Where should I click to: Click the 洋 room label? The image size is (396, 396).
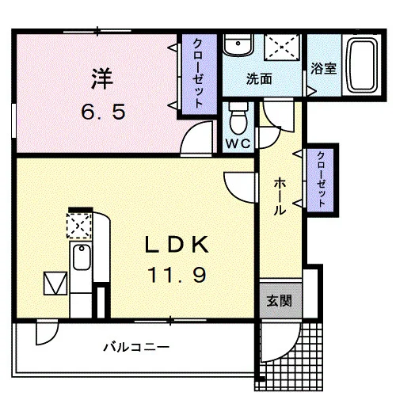coord(102,78)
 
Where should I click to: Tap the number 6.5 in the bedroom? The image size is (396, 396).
coord(103,112)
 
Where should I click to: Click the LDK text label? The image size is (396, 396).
coord(177,245)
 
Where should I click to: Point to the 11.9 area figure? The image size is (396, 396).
coord(177,275)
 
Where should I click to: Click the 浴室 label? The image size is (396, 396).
coord(323,69)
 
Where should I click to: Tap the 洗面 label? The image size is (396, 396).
coord(259,78)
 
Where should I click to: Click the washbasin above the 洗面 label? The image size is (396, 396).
coord(238,45)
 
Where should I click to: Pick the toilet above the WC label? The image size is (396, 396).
coord(238,118)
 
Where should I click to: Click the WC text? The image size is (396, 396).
coord(238,144)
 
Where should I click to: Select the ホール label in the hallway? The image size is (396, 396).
coord(280,196)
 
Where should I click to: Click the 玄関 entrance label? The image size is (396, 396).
coord(280,301)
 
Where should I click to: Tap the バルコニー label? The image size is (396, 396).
coord(136,347)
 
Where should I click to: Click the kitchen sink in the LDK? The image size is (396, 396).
coord(82,257)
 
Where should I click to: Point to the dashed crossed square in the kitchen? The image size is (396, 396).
coord(79,226)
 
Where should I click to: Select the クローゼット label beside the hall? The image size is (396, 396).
coord(321,179)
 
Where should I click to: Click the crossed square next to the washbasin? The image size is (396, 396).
coord(283,48)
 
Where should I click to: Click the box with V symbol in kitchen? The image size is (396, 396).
coord(55,284)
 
